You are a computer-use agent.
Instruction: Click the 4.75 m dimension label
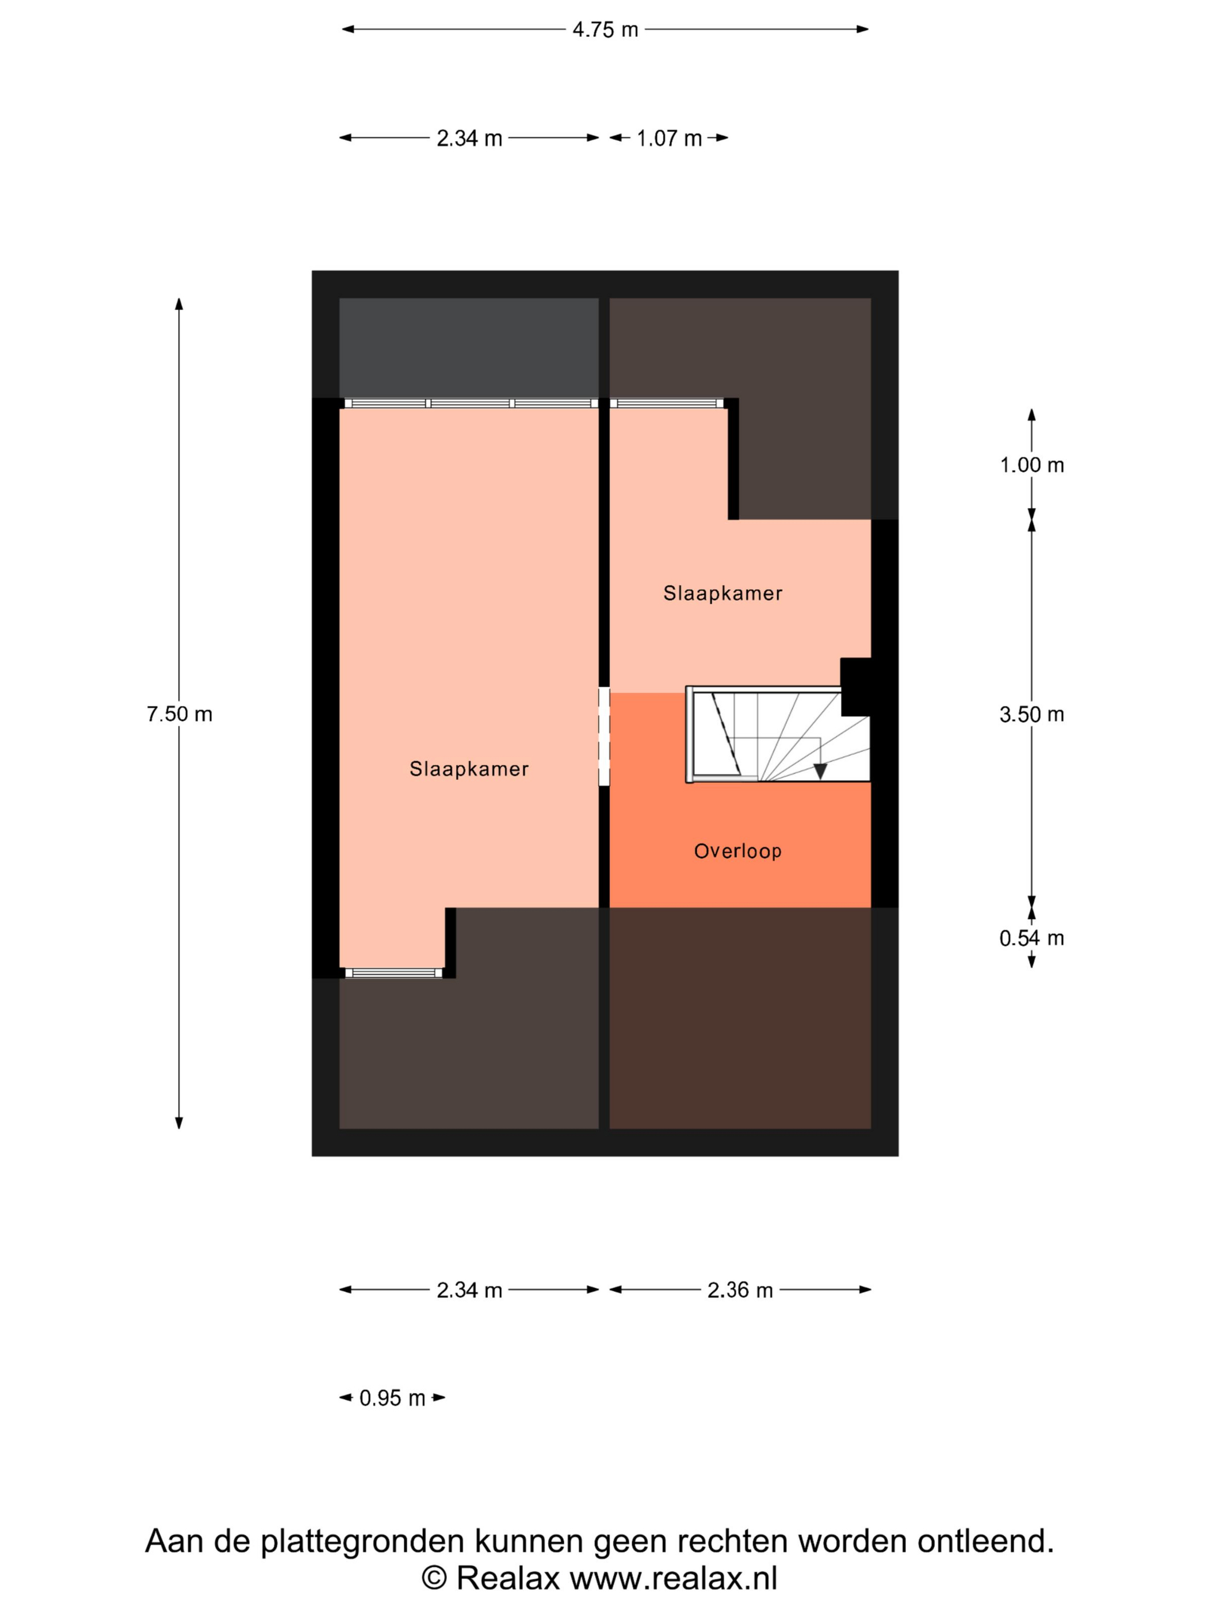[605, 30]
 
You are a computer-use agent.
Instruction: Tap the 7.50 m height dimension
[179, 714]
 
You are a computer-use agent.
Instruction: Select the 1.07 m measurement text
[668, 139]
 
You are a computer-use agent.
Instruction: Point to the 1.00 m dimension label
[1031, 465]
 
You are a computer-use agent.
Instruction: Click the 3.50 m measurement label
[1031, 715]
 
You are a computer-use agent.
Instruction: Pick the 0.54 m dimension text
[1031, 938]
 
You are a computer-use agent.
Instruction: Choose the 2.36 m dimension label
[740, 1290]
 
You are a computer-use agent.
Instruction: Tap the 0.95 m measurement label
[392, 1398]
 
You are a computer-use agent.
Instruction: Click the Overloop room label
[737, 850]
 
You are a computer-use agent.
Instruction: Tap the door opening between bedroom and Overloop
[603, 736]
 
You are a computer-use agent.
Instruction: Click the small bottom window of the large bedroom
[393, 972]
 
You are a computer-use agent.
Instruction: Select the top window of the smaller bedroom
[666, 403]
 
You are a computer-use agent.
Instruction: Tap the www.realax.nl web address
[674, 1578]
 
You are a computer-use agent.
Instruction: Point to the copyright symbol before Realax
[435, 1578]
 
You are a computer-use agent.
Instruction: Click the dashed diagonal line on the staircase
[726, 734]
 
